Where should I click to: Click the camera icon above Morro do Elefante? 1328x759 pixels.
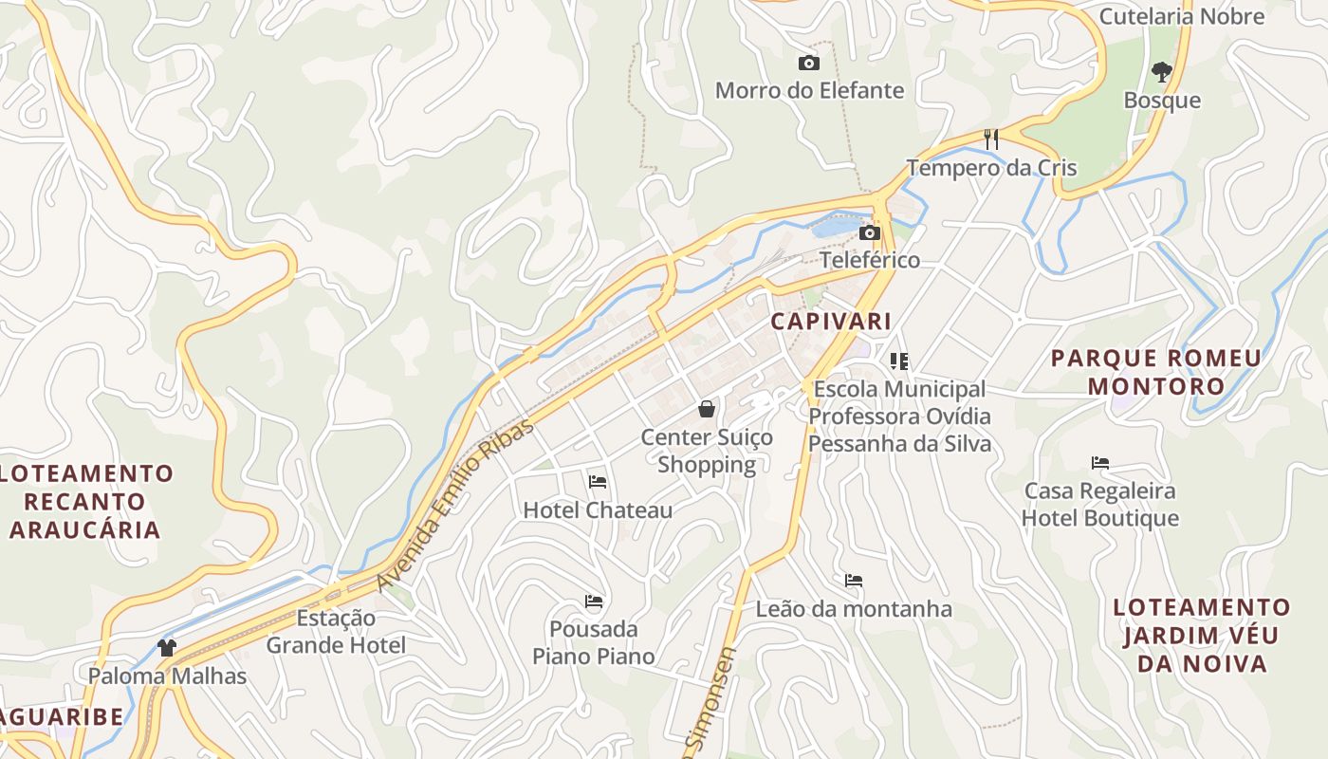click(x=809, y=64)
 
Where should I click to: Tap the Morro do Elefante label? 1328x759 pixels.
click(x=809, y=91)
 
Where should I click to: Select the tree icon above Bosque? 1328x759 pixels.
click(x=1161, y=71)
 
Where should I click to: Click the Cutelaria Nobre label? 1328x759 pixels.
click(x=1181, y=16)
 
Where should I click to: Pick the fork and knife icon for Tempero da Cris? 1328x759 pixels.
click(x=991, y=139)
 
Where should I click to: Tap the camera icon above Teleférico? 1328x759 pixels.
click(x=869, y=232)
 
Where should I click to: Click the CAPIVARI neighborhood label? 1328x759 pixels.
click(x=831, y=321)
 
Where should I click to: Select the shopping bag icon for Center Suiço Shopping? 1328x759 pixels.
click(x=707, y=409)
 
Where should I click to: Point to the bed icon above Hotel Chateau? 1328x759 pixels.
click(x=597, y=482)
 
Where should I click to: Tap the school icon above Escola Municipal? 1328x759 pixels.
click(x=898, y=361)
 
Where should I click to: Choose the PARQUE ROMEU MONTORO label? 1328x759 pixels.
click(x=1156, y=372)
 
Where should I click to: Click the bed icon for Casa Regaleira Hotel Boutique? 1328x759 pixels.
click(x=1100, y=463)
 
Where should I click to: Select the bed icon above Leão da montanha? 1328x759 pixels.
click(x=854, y=581)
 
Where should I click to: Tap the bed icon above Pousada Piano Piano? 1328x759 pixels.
click(x=594, y=602)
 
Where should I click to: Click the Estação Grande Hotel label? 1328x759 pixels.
click(x=336, y=632)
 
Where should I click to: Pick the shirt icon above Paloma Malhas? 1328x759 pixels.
click(x=167, y=648)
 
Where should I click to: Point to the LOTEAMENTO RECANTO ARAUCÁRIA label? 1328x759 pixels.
click(x=85, y=501)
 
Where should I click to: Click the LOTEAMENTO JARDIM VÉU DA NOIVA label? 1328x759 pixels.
click(x=1202, y=635)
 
